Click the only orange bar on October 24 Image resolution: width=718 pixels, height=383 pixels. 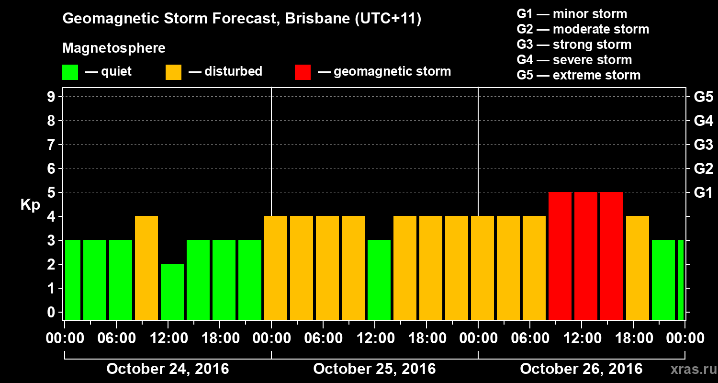click(x=146, y=268)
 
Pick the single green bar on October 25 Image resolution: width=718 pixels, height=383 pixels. click(x=379, y=280)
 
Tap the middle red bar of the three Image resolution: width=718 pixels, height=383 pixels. click(x=586, y=256)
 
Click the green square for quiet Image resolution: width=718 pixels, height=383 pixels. click(x=70, y=72)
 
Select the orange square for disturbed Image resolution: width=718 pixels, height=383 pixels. click(x=173, y=72)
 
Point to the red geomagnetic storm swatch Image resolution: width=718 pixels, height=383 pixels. click(x=303, y=72)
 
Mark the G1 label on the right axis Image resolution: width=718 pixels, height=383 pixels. click(x=703, y=192)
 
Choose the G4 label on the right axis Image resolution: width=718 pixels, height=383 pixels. click(x=703, y=121)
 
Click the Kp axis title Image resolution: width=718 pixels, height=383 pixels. click(x=30, y=205)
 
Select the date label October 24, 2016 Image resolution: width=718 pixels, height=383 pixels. click(x=168, y=369)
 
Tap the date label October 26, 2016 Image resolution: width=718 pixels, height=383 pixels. click(x=581, y=369)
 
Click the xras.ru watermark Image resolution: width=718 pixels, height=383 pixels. click(x=689, y=369)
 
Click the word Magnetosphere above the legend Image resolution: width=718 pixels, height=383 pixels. click(x=114, y=48)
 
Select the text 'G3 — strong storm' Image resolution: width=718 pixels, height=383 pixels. click(x=574, y=45)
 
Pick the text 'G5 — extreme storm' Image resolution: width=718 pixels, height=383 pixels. click(x=578, y=75)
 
